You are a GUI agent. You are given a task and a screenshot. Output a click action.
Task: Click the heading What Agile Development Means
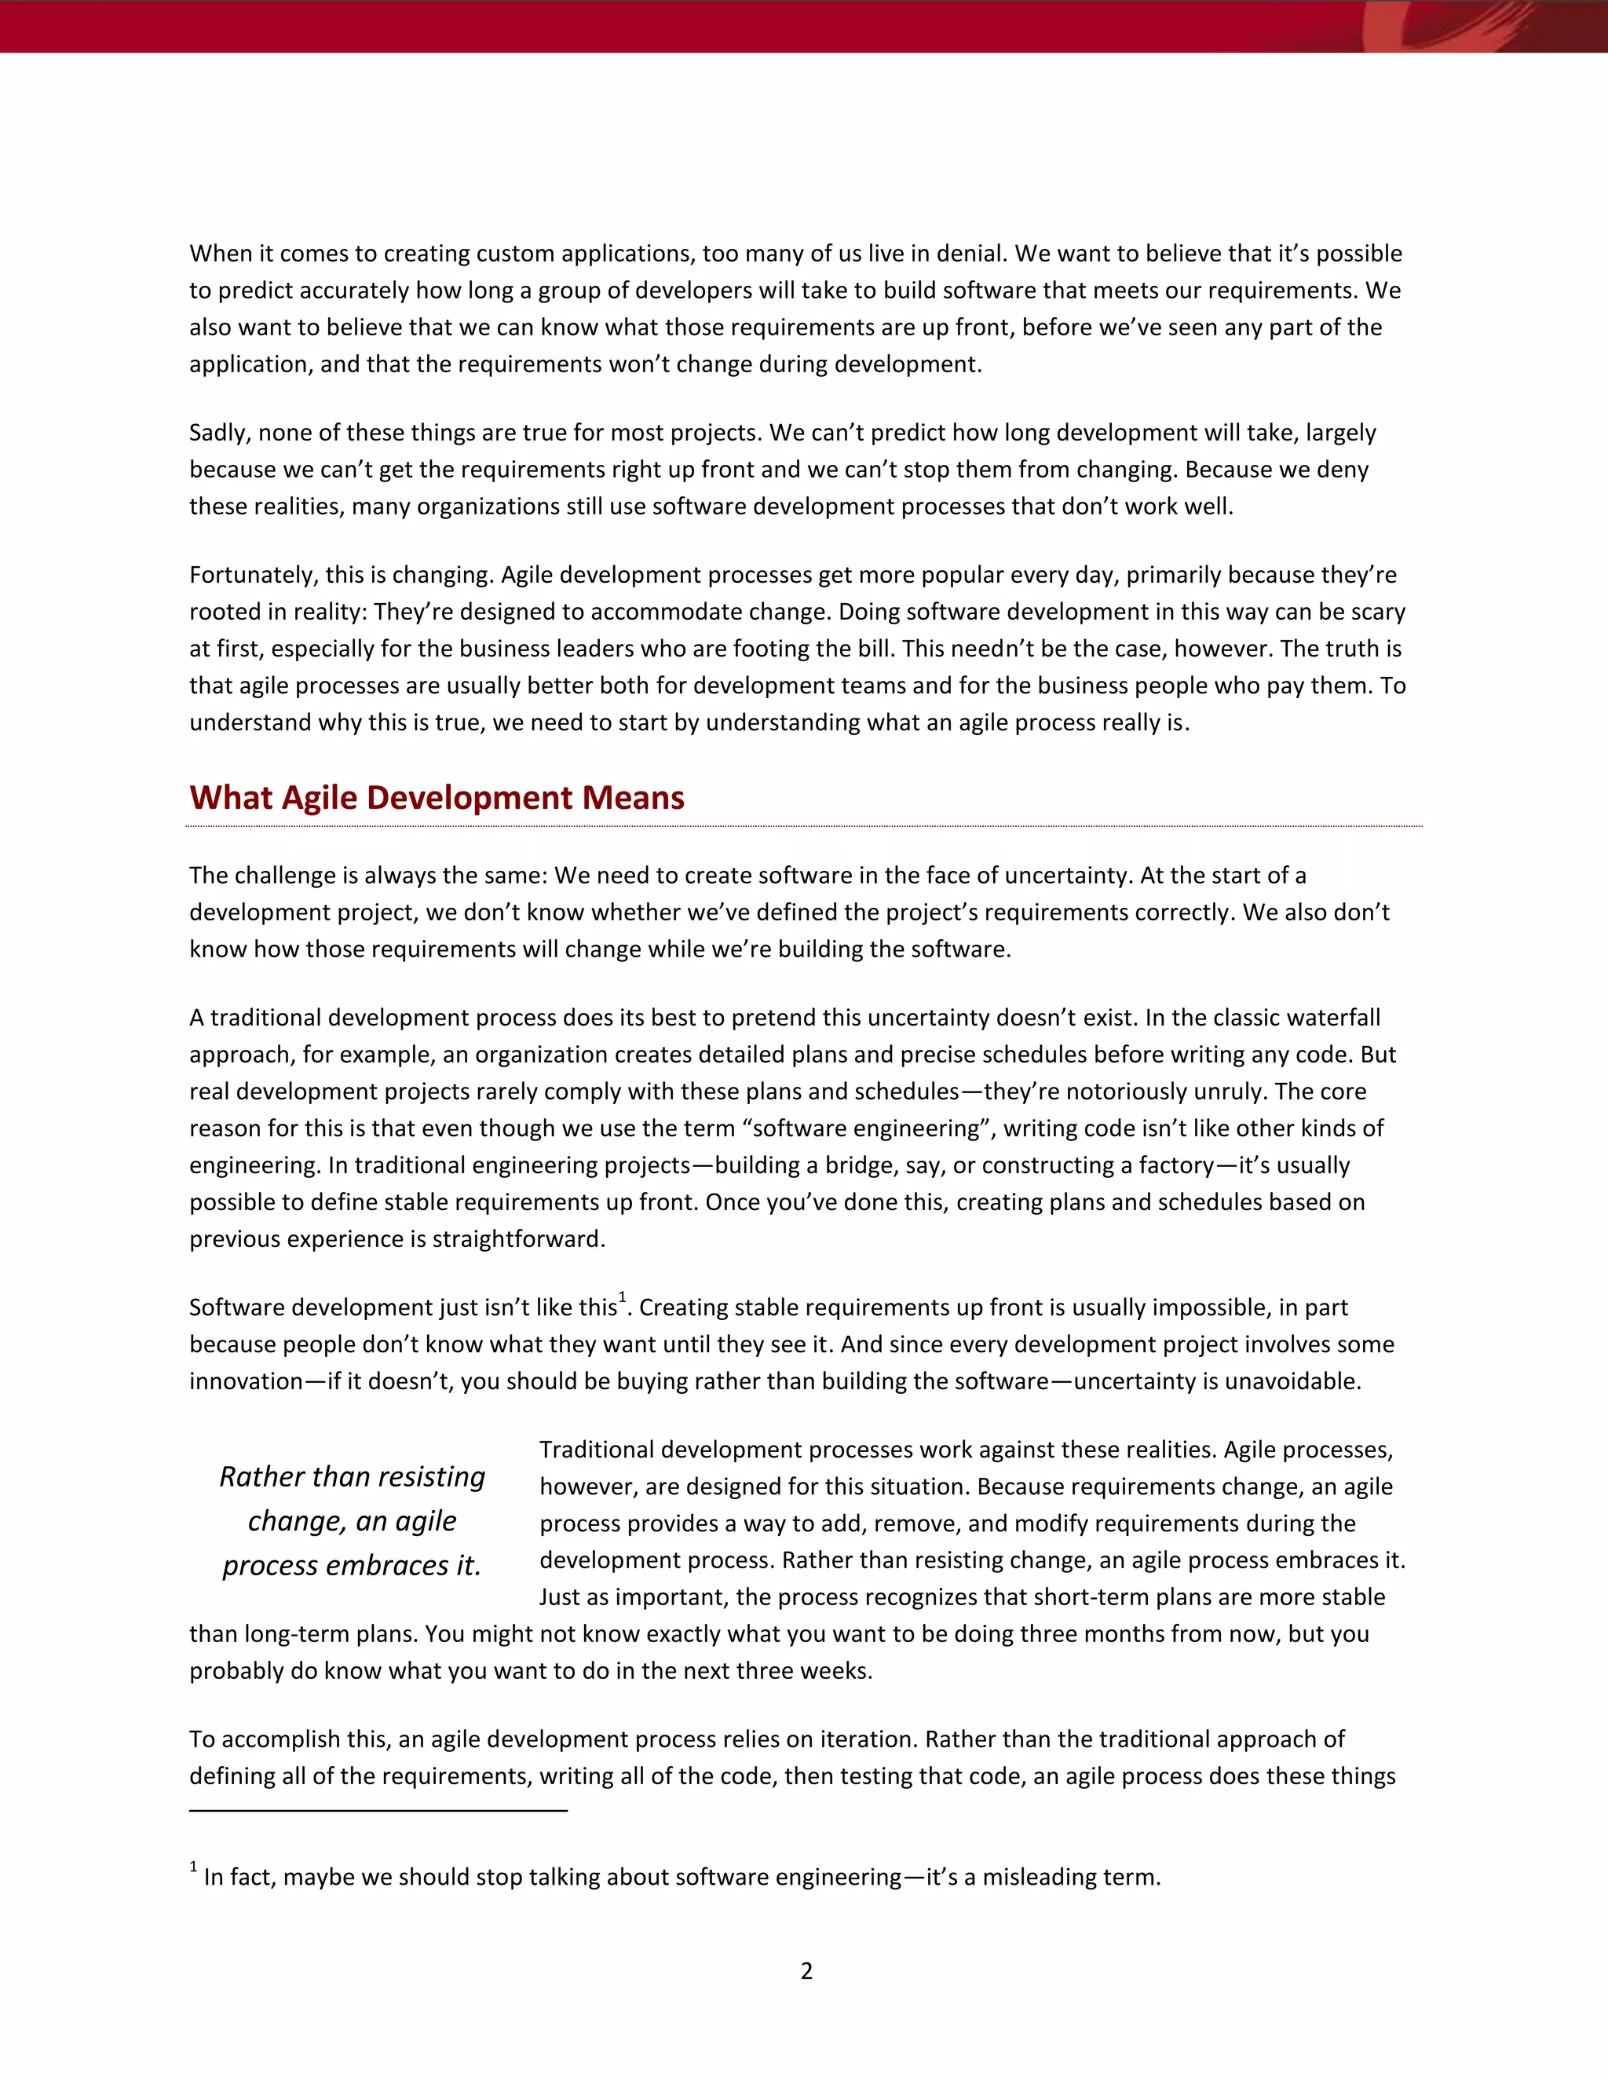click(x=437, y=798)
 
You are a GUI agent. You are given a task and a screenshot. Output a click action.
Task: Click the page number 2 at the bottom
click(x=806, y=1970)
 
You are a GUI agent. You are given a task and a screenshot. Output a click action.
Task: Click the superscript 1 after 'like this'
click(x=622, y=1298)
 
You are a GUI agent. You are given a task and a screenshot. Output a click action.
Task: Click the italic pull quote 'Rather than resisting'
click(x=352, y=1476)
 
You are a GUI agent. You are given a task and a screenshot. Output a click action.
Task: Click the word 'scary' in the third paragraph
click(x=1376, y=612)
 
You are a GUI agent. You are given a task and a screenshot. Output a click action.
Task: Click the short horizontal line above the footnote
click(x=378, y=1809)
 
